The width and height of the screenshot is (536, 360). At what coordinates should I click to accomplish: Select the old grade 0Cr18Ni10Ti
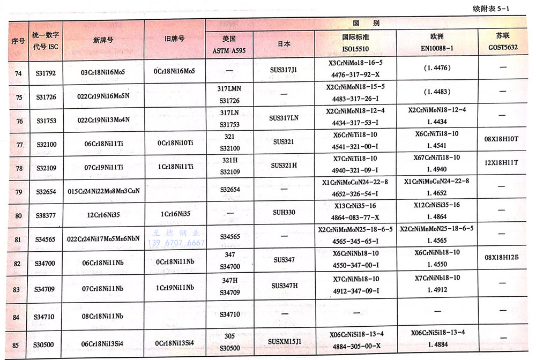pyautogui.click(x=174, y=145)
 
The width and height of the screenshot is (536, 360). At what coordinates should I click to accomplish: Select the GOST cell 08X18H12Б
pyautogui.click(x=503, y=258)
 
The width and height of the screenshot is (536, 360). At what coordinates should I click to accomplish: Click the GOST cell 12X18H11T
pyautogui.click(x=503, y=162)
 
